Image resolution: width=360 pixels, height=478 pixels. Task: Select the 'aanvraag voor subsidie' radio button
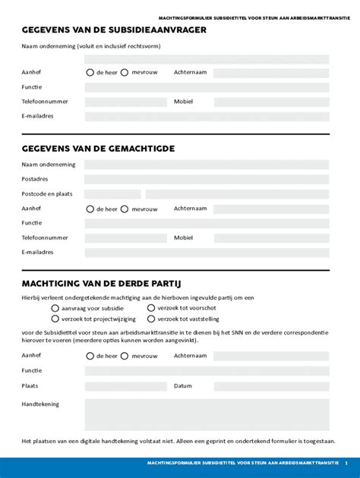[55, 309]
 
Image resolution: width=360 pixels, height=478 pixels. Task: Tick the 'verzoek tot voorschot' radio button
[151, 309]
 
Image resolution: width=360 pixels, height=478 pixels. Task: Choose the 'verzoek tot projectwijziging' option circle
[55, 319]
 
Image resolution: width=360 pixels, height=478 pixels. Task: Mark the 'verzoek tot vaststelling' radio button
[151, 319]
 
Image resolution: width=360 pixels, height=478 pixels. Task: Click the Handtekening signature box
[207, 414]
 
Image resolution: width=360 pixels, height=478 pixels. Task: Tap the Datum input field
[271, 385]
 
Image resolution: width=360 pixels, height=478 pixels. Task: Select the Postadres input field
[207, 179]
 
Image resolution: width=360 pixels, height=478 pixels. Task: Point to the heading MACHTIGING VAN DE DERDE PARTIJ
[101, 283]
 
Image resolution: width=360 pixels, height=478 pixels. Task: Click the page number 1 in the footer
[346, 462]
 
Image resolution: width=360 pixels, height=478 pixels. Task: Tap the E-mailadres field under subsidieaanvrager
[207, 116]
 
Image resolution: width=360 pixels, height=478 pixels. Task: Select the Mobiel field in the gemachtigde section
[271, 237]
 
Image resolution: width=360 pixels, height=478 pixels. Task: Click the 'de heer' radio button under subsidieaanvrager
[90, 73]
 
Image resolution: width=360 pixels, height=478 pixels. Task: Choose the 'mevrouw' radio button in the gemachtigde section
[125, 209]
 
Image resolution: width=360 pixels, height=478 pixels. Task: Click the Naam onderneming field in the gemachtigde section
[207, 165]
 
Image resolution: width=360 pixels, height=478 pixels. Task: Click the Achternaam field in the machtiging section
[271, 355]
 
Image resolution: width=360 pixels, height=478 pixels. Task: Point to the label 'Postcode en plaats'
[47, 194]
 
